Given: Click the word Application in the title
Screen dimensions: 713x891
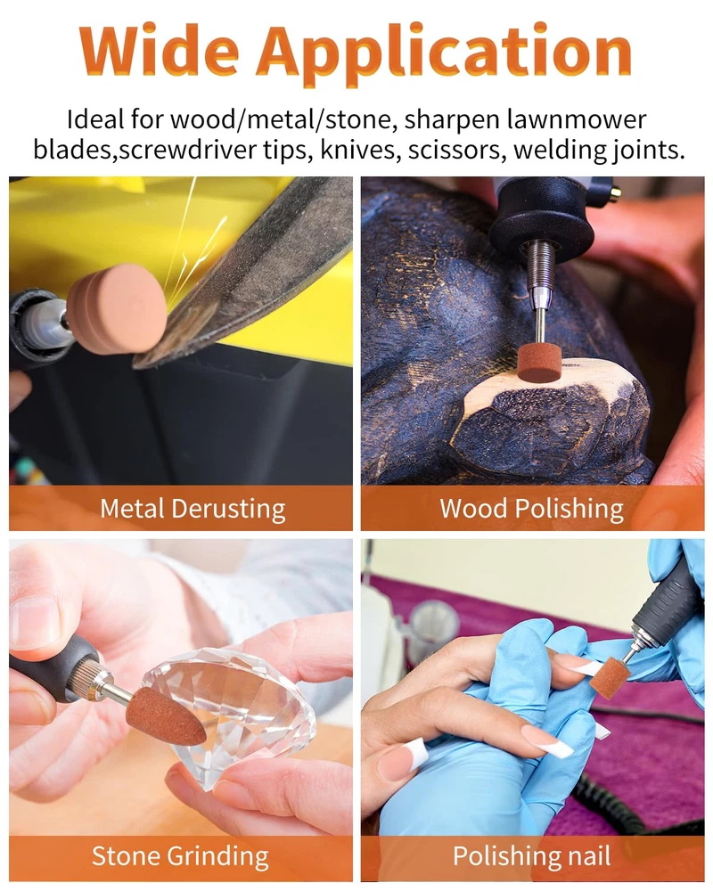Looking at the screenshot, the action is point(444,53).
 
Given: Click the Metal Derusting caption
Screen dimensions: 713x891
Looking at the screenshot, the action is point(193,509).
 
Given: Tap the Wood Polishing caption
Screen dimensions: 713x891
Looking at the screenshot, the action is point(531,509).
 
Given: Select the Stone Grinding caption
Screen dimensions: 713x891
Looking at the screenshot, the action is point(181,855).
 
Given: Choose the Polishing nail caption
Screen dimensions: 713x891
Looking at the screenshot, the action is point(531,855).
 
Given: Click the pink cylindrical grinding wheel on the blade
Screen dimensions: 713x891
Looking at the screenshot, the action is point(117,308).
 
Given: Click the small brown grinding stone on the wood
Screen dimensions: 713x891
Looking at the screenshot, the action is point(539,361).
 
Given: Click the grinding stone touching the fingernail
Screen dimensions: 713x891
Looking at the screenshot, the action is point(610,677).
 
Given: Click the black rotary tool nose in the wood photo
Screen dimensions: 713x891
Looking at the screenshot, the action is point(540,213).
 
